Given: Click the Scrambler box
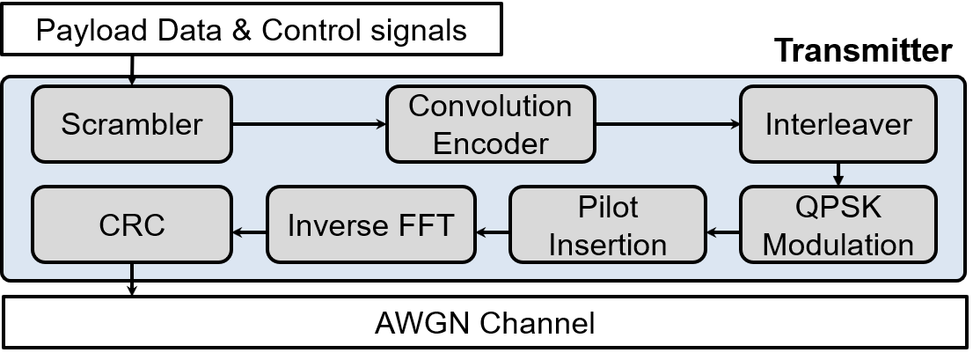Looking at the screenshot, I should point(132,124).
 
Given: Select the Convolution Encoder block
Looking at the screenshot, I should point(490,124).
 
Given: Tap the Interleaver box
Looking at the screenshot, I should point(838,124).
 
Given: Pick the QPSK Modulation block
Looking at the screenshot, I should point(838,224).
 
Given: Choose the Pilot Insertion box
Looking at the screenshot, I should point(607,224).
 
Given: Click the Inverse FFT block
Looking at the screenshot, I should point(370,224).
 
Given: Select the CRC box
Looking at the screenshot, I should point(132,224).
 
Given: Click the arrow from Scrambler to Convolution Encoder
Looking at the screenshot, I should point(310,124).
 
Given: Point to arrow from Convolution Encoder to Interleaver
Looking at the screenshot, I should point(668,124).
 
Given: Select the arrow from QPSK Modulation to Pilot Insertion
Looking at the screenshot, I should point(722,232).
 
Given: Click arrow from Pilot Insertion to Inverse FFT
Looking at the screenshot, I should point(492,232).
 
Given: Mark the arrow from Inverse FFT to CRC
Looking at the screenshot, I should point(249,232).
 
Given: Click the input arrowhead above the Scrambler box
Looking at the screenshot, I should point(132,82).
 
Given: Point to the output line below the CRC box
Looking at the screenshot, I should point(132,271).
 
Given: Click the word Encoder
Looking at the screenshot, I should point(490,142).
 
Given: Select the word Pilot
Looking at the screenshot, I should point(607,208).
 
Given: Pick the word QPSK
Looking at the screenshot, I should point(838,208).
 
